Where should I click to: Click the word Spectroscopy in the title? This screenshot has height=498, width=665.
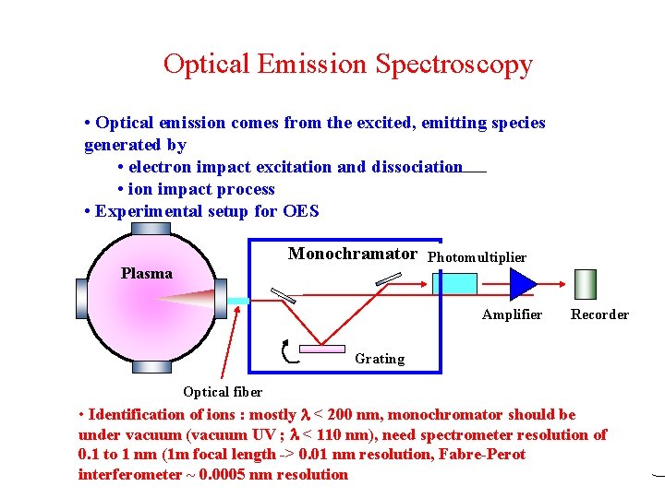[453, 65]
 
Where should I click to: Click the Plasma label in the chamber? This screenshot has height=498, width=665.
[147, 273]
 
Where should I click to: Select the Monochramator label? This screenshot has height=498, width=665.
[352, 254]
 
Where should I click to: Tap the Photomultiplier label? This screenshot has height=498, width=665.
[478, 257]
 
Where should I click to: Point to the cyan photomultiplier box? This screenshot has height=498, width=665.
[454, 283]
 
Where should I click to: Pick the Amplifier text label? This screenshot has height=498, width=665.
[512, 314]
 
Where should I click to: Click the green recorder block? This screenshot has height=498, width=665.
[586, 284]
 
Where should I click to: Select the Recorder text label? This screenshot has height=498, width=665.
[599, 314]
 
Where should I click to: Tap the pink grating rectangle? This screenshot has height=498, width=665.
[321, 348]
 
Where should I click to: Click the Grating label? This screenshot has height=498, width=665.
[380, 359]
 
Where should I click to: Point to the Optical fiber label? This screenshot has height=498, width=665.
[223, 392]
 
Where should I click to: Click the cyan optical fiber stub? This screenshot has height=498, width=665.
[238, 301]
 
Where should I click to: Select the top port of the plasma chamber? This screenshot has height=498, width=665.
[151, 226]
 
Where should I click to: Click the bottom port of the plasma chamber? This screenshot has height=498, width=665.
[151, 367]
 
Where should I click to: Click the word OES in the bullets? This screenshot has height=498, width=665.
[300, 211]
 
